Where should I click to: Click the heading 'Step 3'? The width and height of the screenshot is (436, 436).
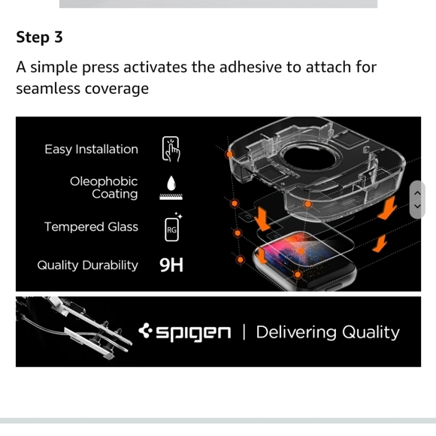coord(39,38)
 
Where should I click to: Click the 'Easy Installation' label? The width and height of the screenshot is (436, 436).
coord(91,149)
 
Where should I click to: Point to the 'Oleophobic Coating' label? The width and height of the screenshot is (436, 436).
coord(104,188)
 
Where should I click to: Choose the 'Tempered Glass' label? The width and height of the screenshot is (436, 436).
coord(91,226)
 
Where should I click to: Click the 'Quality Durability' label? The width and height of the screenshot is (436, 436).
coord(87,265)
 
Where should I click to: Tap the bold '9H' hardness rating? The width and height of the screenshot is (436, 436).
coord(171,265)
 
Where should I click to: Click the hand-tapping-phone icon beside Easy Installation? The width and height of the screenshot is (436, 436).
coord(171,150)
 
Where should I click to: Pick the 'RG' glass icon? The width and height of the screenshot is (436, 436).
coord(171,228)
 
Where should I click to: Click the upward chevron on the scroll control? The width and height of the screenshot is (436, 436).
coord(417,192)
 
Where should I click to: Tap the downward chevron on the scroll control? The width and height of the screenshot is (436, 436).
coord(417,207)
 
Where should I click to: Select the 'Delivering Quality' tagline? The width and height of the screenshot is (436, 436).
coord(328,332)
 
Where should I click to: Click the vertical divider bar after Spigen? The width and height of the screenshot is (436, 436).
coord(244,332)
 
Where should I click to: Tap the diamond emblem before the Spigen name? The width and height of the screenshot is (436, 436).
coord(146,332)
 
